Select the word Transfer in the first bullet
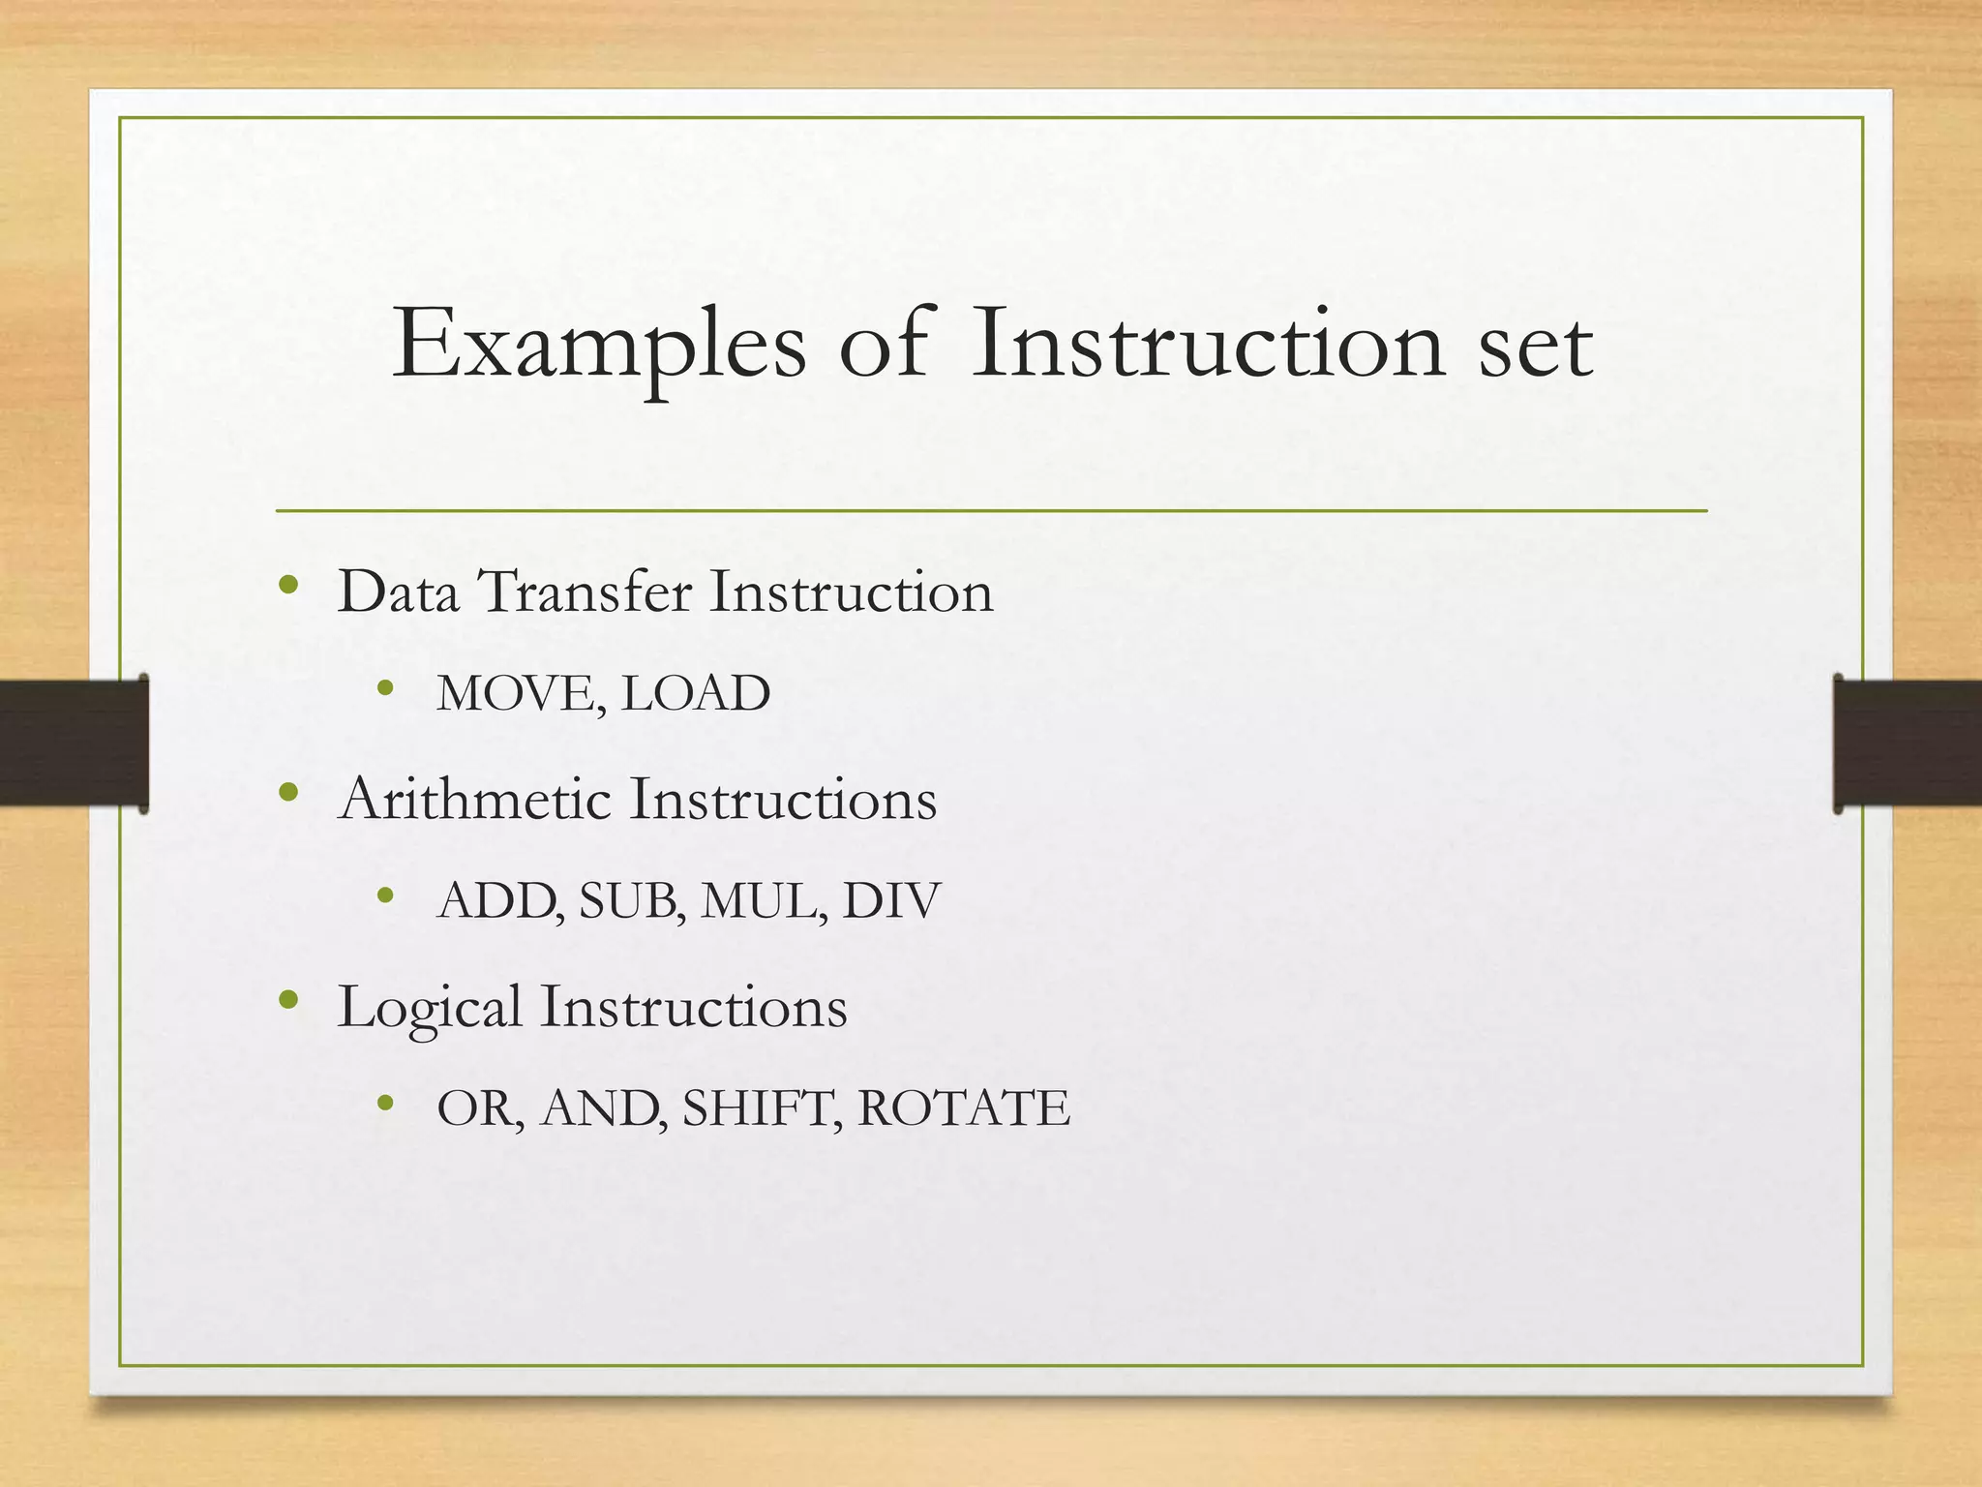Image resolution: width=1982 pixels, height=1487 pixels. [x=586, y=592]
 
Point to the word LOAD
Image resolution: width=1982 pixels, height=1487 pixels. [x=695, y=693]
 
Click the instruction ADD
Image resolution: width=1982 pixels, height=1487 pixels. [x=499, y=900]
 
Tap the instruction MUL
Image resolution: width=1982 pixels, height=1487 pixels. [x=763, y=900]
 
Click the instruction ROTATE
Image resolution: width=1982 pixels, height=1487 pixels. [x=964, y=1108]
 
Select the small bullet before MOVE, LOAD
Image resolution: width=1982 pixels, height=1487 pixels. [x=386, y=689]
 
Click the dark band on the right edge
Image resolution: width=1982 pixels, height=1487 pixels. [x=1907, y=743]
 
